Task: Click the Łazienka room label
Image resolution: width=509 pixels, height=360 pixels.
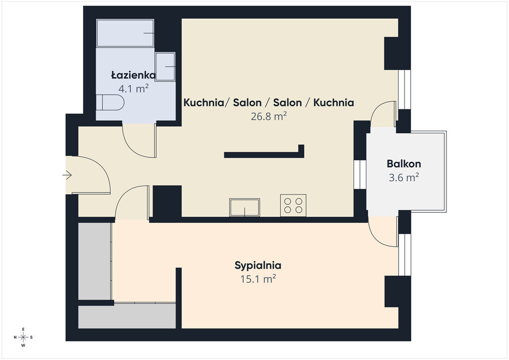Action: tap(133, 75)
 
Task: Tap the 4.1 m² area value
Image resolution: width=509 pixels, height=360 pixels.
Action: tap(133, 89)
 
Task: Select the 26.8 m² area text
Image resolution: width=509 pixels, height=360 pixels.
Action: tap(268, 116)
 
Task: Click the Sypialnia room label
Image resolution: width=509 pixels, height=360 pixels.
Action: tap(258, 265)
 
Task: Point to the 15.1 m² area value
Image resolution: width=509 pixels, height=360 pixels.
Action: tap(258, 279)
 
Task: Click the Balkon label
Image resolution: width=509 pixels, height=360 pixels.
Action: tap(404, 164)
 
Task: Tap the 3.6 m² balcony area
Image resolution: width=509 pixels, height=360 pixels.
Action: tap(404, 177)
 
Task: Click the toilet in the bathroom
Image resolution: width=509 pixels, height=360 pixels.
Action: tap(110, 102)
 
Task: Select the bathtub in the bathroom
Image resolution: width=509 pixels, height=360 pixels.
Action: tap(125, 33)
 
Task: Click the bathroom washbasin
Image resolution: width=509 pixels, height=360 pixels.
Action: tap(165, 67)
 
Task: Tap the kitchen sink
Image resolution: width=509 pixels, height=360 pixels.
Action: tap(245, 207)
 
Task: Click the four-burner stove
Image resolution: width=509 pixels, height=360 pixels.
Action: tap(293, 205)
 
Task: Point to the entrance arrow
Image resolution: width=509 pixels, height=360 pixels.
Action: tap(67, 176)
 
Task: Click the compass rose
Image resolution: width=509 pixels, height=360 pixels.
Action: tap(23, 337)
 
